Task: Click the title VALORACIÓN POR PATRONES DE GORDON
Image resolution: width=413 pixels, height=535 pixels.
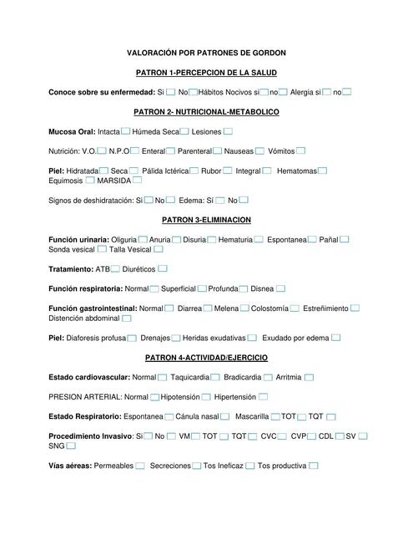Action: [206, 53]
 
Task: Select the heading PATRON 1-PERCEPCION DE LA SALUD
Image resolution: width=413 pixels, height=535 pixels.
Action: [206, 73]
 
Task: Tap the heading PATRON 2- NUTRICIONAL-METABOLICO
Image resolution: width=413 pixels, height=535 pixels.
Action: [206, 111]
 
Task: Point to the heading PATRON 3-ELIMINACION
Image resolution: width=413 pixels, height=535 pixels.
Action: [206, 220]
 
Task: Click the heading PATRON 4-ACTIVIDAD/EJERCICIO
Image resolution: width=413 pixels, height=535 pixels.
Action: [206, 358]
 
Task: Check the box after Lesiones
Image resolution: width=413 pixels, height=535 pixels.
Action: [228, 131]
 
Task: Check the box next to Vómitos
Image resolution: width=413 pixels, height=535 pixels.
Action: [300, 150]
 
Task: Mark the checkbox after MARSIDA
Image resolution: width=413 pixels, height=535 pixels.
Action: [137, 180]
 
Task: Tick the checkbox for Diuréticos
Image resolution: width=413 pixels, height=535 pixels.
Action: [162, 268]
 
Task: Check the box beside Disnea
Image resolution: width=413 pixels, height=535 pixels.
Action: [281, 288]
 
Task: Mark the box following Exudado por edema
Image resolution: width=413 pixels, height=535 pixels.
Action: [335, 338]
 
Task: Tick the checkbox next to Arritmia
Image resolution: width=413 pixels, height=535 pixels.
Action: [309, 377]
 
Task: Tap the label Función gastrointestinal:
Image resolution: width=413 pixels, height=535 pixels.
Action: [93, 308]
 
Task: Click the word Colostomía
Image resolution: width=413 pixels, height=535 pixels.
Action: [270, 308]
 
